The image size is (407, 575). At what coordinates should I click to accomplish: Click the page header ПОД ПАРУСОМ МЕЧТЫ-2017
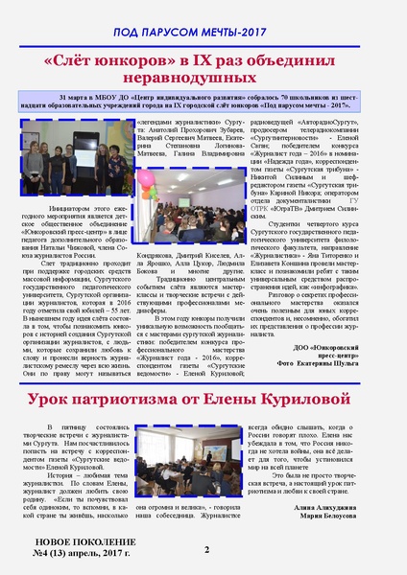click(x=203, y=32)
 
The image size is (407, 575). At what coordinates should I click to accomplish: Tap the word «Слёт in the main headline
click(x=73, y=60)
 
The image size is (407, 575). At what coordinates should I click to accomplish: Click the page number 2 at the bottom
click(x=206, y=549)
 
